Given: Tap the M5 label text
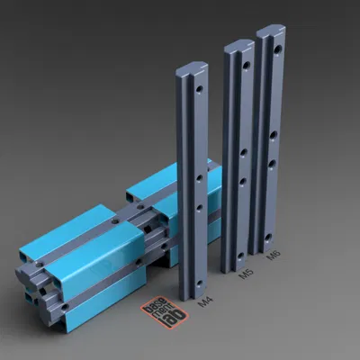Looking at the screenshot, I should point(244,274).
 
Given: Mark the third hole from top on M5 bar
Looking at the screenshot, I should point(243,179).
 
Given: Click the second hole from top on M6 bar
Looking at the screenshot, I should point(274,135).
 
